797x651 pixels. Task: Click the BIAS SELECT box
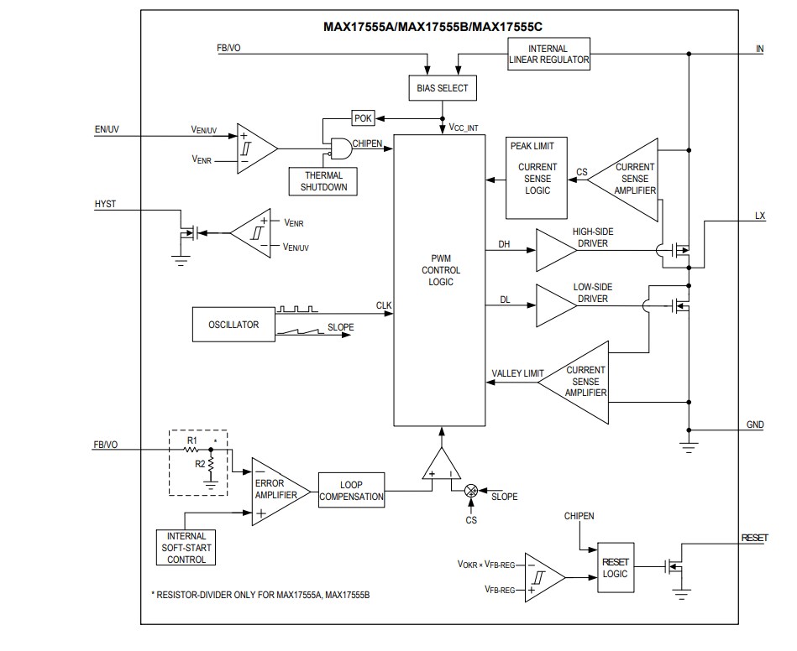tap(443, 88)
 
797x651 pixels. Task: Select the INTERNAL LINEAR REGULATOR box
tap(549, 55)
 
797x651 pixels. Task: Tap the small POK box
tap(363, 119)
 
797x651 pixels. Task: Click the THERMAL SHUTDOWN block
tap(323, 181)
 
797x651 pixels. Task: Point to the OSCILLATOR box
tap(233, 325)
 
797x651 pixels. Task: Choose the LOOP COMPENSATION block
tap(351, 490)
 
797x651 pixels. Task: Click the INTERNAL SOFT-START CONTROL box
tap(186, 548)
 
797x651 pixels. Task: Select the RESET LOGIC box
tap(615, 569)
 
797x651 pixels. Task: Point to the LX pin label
tap(760, 216)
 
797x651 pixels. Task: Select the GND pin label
tap(755, 424)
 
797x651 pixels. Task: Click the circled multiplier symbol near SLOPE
tap(471, 490)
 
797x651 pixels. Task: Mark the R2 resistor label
tap(200, 463)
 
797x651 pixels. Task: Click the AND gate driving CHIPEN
tap(339, 149)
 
